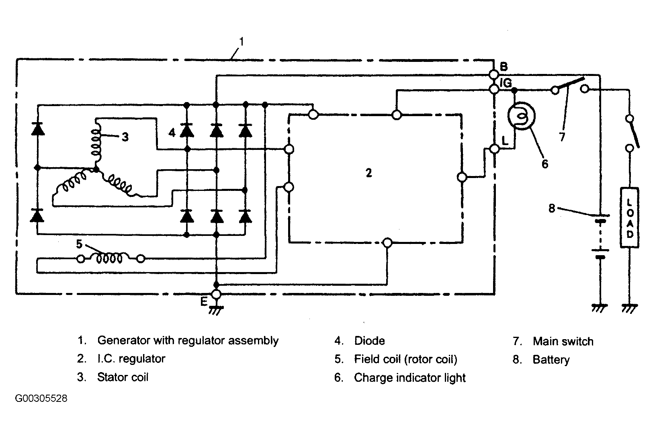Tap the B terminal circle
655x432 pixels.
494,75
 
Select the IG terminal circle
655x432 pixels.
494,89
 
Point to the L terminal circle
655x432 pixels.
495,149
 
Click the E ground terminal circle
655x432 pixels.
216,294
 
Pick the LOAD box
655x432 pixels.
630,218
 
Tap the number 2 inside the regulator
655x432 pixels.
369,173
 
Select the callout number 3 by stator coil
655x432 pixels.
125,137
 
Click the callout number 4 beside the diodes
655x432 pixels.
172,133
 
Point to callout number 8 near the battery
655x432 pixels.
551,209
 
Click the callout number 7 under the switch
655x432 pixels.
562,137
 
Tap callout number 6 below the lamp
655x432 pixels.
545,164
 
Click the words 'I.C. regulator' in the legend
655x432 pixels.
131,358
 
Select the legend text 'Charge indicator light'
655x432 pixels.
409,378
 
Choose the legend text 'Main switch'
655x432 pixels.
563,341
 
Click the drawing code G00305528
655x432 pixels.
41,398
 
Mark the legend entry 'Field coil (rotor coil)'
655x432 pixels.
405,359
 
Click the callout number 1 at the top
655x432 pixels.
242,42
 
